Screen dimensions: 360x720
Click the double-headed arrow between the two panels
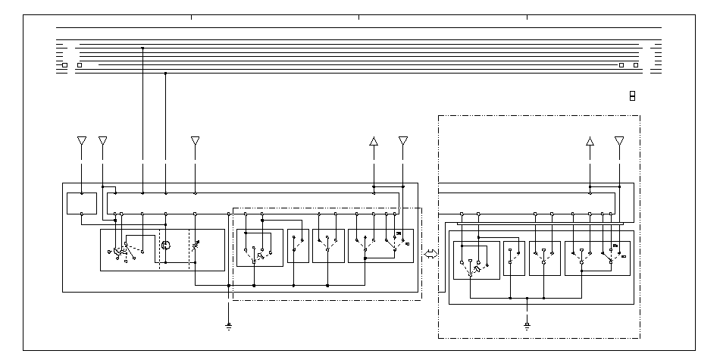(431, 255)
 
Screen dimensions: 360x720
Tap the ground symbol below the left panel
(228, 326)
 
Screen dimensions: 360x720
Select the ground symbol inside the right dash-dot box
(527, 326)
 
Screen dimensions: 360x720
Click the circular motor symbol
(166, 245)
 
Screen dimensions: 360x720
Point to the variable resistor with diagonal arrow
(196, 245)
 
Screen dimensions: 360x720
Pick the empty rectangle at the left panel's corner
(81, 204)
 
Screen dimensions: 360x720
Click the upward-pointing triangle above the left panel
(373, 141)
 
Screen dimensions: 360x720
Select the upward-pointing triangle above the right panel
(590, 141)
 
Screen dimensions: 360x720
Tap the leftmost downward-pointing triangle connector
(82, 141)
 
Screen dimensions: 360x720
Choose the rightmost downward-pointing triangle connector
(619, 141)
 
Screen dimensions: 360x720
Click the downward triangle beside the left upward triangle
(402, 141)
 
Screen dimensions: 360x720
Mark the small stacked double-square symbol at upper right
(631, 95)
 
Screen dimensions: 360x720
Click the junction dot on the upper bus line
(142, 48)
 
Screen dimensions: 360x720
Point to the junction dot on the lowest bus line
(166, 74)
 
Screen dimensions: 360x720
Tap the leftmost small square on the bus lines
(64, 65)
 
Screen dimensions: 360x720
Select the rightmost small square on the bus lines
(636, 65)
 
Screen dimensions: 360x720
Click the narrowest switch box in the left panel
(298, 246)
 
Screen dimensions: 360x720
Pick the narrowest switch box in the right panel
(514, 258)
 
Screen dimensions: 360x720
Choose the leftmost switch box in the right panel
(476, 260)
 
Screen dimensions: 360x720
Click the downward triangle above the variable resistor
(196, 141)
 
